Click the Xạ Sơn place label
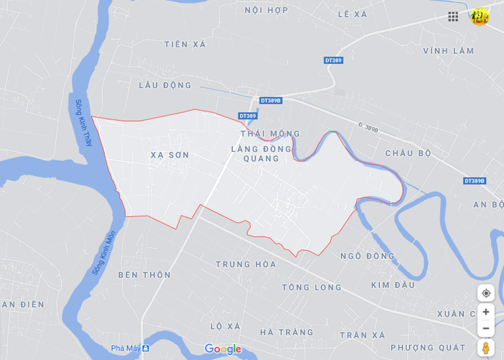click(x=169, y=155)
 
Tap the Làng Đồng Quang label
click(x=261, y=153)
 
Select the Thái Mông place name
click(x=270, y=134)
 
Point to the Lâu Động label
click(x=165, y=85)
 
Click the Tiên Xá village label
click(x=185, y=44)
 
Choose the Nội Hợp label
click(x=266, y=10)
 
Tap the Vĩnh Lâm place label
click(x=448, y=51)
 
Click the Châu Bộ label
click(x=408, y=153)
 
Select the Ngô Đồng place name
click(x=367, y=256)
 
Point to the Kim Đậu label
click(x=393, y=285)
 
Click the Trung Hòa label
click(x=246, y=264)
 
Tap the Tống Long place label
click(x=312, y=287)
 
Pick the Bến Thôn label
click(x=144, y=275)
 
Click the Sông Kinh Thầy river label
click(x=83, y=123)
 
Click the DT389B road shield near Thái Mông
click(x=271, y=100)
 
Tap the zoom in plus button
click(x=486, y=312)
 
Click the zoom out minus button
click(x=486, y=328)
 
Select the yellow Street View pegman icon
click(x=486, y=348)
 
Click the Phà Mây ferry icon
click(x=146, y=348)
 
